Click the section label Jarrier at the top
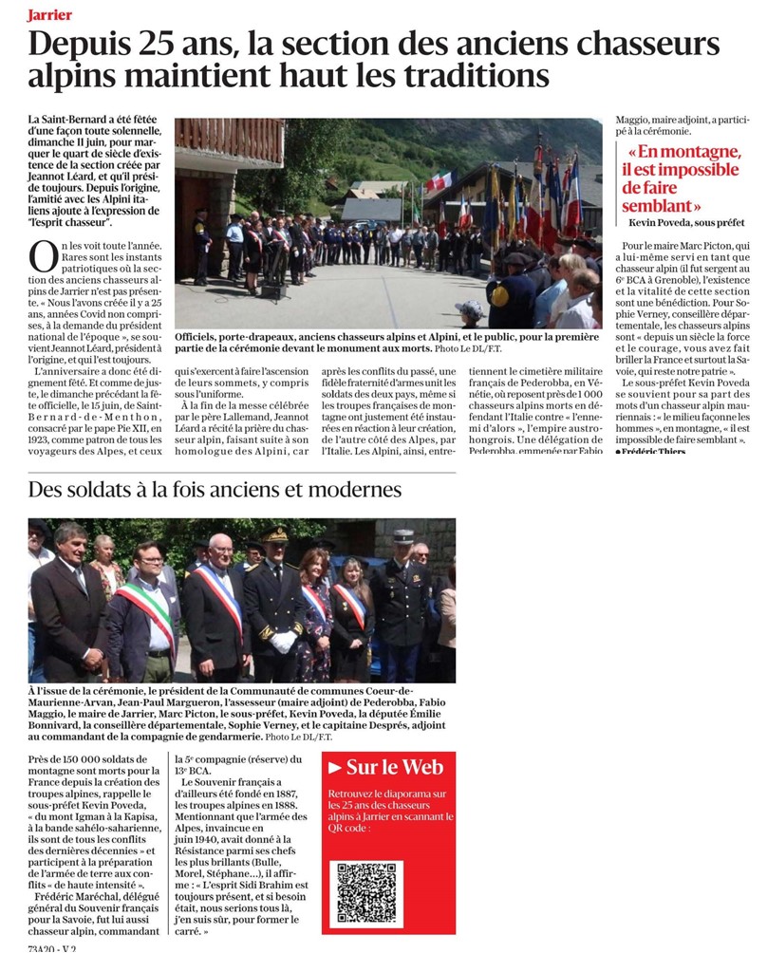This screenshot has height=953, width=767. [50, 14]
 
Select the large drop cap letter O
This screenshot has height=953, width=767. [42, 257]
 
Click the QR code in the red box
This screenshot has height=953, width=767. [368, 893]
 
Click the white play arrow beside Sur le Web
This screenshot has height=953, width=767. [335, 767]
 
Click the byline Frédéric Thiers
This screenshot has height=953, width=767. [655, 450]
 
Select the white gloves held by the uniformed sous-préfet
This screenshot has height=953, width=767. [283, 642]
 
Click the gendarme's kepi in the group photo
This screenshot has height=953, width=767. [403, 536]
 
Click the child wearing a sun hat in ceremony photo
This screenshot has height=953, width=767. [467, 310]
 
